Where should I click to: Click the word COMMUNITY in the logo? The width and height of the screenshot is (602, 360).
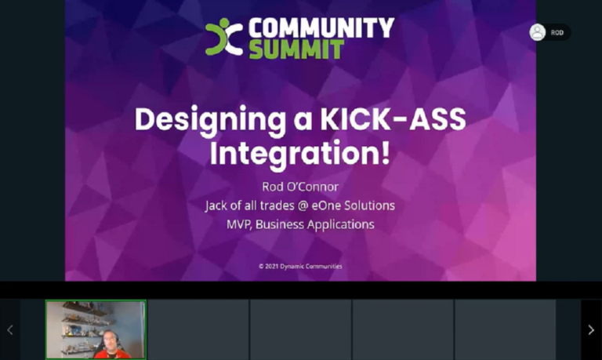coord(321,28)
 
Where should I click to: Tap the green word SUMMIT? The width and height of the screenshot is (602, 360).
coord(296,49)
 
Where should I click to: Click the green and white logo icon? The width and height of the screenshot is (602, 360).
coord(224,37)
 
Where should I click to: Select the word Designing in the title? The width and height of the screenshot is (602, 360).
coord(210,120)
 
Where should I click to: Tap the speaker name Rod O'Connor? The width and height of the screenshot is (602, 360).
coord(300,187)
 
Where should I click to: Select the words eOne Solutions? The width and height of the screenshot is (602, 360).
coord(353,205)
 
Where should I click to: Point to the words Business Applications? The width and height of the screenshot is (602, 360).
coord(315,225)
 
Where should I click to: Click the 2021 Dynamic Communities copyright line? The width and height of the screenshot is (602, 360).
coord(300,266)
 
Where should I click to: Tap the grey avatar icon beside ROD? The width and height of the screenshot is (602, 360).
coord(538,32)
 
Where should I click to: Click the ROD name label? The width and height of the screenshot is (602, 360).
coord(557,33)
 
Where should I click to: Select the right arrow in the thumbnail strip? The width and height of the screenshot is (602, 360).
coord(591,329)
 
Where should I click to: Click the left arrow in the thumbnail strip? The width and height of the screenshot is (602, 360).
coord(10,329)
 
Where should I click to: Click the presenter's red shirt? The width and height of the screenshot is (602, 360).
coord(113,354)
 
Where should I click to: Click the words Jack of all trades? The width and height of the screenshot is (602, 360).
coord(249,205)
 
